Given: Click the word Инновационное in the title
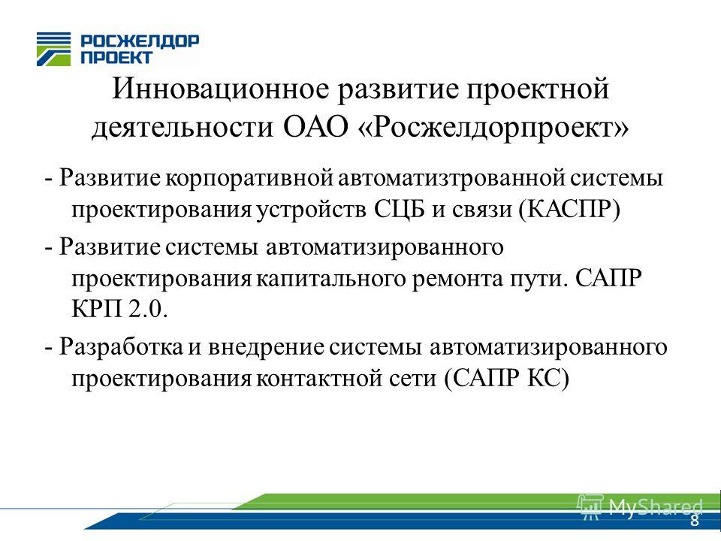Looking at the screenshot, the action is (x=221, y=89).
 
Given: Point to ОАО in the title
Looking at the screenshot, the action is (x=315, y=127).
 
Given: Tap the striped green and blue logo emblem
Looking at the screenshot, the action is (x=54, y=50).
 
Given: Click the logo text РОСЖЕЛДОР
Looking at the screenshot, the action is (x=140, y=41).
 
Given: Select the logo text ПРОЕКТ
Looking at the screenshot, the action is (x=116, y=58).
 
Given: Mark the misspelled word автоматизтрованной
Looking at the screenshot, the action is (x=451, y=178).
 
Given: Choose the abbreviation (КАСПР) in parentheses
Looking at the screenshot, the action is (x=569, y=210).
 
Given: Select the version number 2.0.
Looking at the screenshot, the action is (x=148, y=309).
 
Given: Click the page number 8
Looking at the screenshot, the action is (x=694, y=521).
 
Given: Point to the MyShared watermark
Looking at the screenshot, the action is (x=640, y=506).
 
